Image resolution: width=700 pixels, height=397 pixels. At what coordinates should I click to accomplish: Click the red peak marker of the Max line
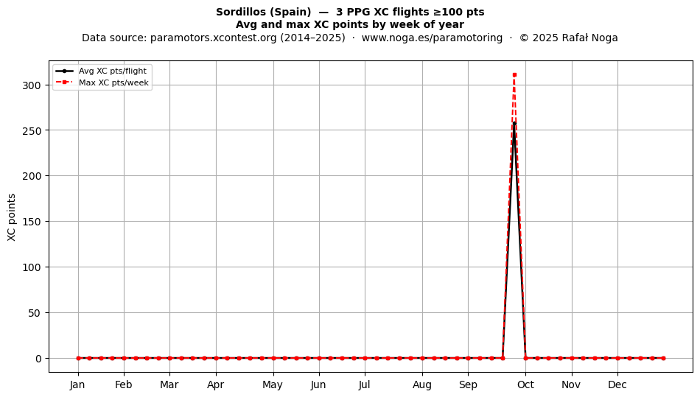(514, 75)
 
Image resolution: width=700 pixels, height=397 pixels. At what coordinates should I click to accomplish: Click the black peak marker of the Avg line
(514, 124)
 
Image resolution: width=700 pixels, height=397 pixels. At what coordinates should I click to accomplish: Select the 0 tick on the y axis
(38, 359)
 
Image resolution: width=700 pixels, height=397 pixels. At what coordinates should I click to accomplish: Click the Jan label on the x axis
(77, 385)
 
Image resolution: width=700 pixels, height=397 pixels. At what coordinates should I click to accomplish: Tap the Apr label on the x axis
(216, 385)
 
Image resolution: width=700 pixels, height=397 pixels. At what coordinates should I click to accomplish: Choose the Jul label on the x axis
(365, 385)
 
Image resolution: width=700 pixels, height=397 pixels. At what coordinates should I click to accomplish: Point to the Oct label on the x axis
(526, 385)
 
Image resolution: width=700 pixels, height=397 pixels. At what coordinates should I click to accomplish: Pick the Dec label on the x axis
(618, 385)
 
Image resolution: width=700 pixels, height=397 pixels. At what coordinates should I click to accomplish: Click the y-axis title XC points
(12, 217)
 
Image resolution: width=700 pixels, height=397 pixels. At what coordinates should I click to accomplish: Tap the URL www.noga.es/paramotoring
(432, 38)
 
